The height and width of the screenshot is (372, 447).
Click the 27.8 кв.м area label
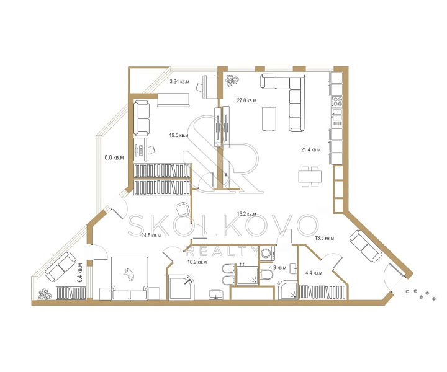click(246, 100)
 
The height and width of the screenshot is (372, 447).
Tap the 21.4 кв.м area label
click(311, 149)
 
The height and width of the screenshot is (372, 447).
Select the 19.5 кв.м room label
click(179, 135)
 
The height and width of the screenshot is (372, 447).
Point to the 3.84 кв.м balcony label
click(179, 81)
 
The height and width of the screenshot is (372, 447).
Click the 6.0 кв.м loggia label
click(114, 157)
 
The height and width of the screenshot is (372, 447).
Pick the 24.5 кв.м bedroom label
click(151, 236)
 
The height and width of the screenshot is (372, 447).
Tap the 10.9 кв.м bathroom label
click(197, 262)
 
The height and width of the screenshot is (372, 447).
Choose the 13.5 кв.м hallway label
click(325, 238)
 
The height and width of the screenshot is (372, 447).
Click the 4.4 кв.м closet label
click(314, 273)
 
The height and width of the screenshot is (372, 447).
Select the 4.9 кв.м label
click(278, 268)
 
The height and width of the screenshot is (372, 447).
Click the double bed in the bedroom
click(130, 278)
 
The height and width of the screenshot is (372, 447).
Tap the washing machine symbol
click(267, 253)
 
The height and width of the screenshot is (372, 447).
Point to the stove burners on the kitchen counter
click(337, 102)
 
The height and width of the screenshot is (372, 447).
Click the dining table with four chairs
click(310, 177)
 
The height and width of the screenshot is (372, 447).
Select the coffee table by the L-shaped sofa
click(269, 118)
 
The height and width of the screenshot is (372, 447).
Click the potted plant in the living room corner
click(232, 81)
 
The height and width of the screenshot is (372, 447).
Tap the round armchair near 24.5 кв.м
click(183, 209)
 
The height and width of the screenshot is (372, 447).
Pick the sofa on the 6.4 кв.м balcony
click(60, 267)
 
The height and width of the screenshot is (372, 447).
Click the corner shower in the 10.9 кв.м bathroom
click(181, 287)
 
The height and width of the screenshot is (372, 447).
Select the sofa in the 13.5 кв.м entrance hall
click(366, 246)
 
